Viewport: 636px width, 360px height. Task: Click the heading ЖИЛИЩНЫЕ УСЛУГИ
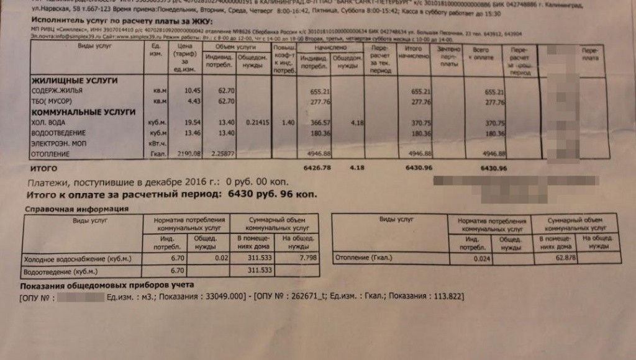(x=74, y=81)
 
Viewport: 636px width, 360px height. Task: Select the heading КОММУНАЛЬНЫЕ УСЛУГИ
(x=83, y=112)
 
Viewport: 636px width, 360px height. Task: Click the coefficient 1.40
(x=286, y=123)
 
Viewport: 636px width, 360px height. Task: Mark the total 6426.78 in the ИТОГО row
(x=316, y=168)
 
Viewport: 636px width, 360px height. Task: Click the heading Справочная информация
(x=75, y=209)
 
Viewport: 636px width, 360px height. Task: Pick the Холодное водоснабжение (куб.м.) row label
(x=66, y=258)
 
